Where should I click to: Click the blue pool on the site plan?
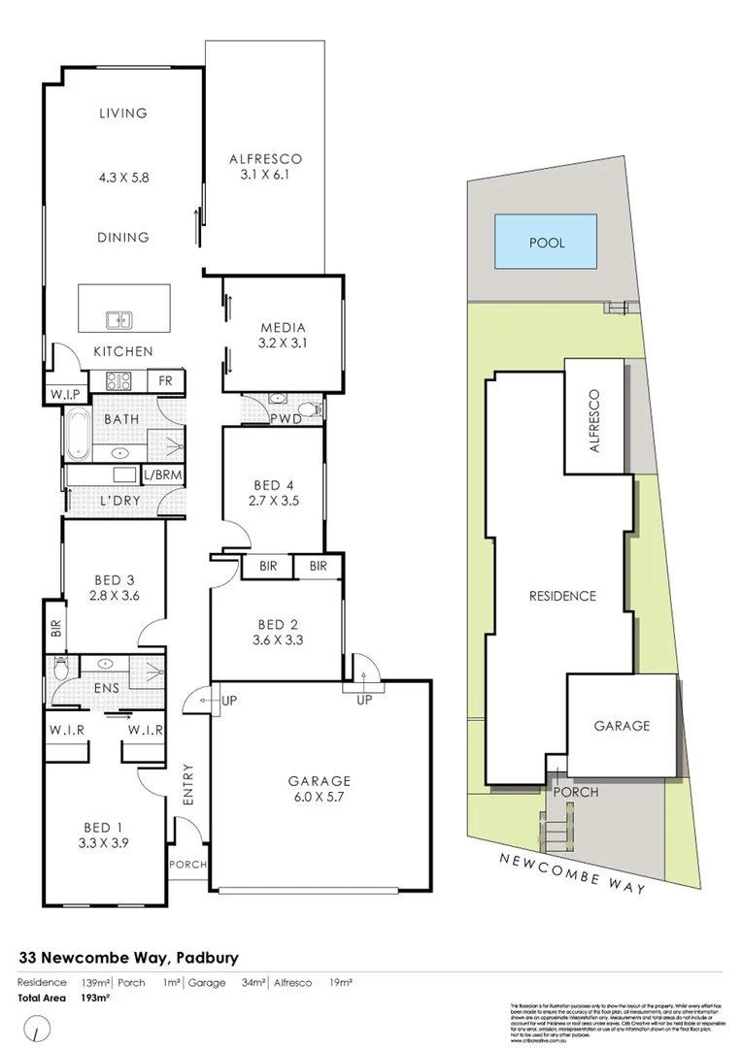[546, 243]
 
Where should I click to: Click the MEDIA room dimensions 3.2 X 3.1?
[283, 344]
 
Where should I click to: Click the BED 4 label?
[272, 485]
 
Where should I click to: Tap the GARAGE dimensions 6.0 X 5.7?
[319, 797]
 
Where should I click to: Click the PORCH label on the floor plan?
[186, 865]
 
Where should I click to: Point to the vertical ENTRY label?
[186, 783]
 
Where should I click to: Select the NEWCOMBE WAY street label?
[573, 871]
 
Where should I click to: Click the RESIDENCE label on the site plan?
[562, 596]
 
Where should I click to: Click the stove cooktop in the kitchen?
[118, 380]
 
